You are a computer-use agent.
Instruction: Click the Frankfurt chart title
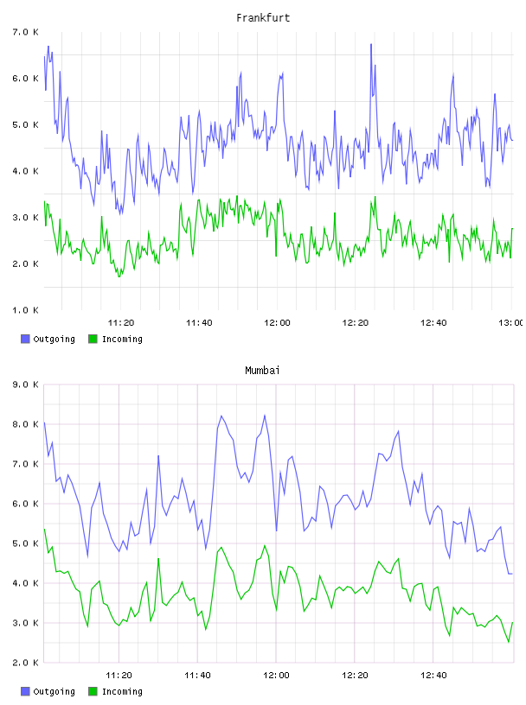[263, 18]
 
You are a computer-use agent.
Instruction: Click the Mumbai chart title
[262, 371]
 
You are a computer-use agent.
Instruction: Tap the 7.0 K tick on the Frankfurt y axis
[25, 32]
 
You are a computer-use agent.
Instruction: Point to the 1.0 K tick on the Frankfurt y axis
[25, 310]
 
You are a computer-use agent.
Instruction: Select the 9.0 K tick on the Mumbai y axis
[25, 384]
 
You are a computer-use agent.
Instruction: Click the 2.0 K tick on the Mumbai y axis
[25, 663]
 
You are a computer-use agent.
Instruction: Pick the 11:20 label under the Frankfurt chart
[121, 323]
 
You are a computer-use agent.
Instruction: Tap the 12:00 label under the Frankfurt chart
[277, 323]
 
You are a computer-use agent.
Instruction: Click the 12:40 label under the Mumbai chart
[433, 676]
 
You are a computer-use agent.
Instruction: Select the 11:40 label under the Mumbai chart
[198, 676]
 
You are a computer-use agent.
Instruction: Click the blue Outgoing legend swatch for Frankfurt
[25, 339]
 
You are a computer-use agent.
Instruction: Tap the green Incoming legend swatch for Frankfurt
[93, 339]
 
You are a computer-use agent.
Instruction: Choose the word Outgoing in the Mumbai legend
[54, 691]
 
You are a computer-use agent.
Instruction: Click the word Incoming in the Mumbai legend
[122, 691]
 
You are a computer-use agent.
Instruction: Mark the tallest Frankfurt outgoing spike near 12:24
[371, 45]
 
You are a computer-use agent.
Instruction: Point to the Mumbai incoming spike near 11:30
[158, 559]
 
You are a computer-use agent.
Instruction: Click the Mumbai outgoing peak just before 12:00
[265, 416]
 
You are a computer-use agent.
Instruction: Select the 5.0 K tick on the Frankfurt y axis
[25, 125]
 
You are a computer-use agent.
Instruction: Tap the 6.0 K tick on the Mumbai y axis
[25, 504]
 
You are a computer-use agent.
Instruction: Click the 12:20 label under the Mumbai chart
[355, 676]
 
